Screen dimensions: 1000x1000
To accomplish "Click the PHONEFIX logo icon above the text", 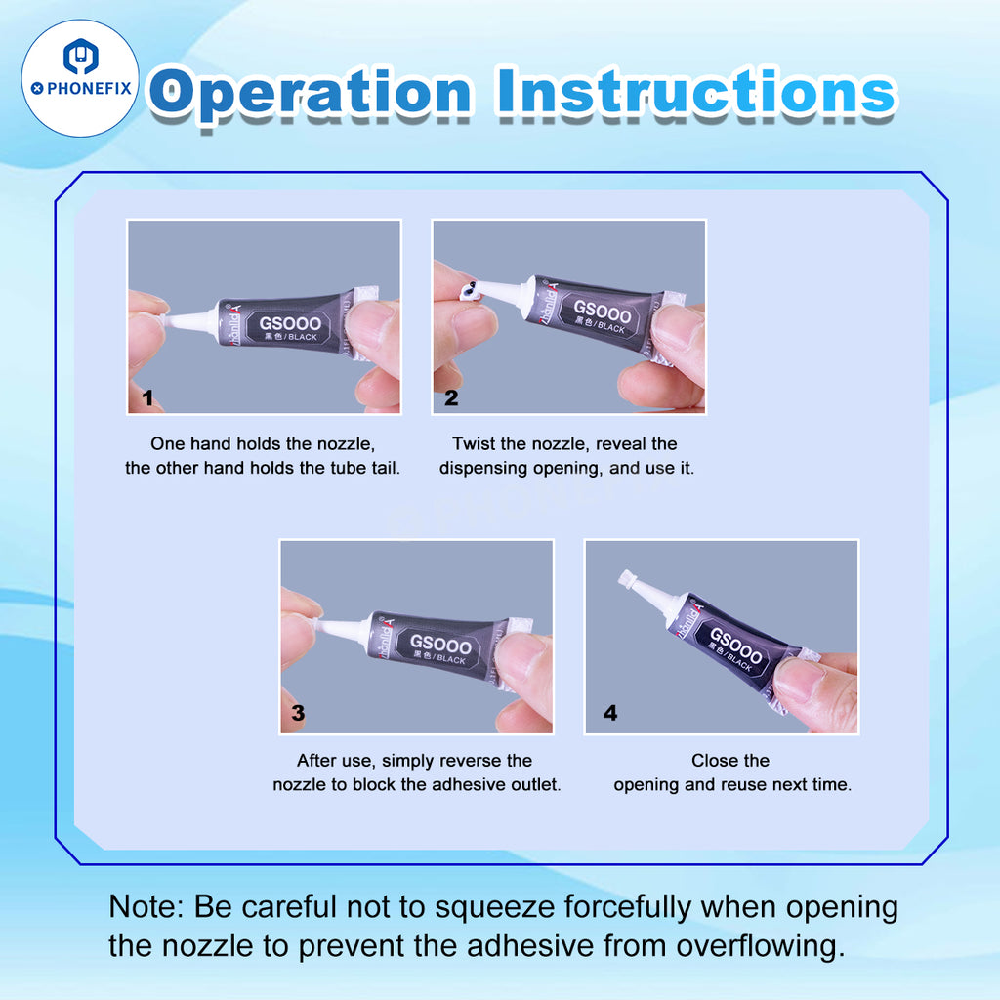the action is (80, 57).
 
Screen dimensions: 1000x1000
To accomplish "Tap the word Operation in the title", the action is (312, 93).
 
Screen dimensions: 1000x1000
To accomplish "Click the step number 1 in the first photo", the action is (147, 398).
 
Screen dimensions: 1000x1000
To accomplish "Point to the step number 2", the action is (451, 398).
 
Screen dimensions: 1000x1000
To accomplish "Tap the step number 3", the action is (298, 712).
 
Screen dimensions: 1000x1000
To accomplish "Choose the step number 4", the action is (610, 712).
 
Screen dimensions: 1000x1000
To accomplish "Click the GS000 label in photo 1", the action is (289, 323).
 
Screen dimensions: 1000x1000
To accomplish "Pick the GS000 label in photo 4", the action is (736, 645).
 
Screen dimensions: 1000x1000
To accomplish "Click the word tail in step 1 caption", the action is (383, 468).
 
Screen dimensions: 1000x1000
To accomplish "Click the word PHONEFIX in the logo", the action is (89, 88).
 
